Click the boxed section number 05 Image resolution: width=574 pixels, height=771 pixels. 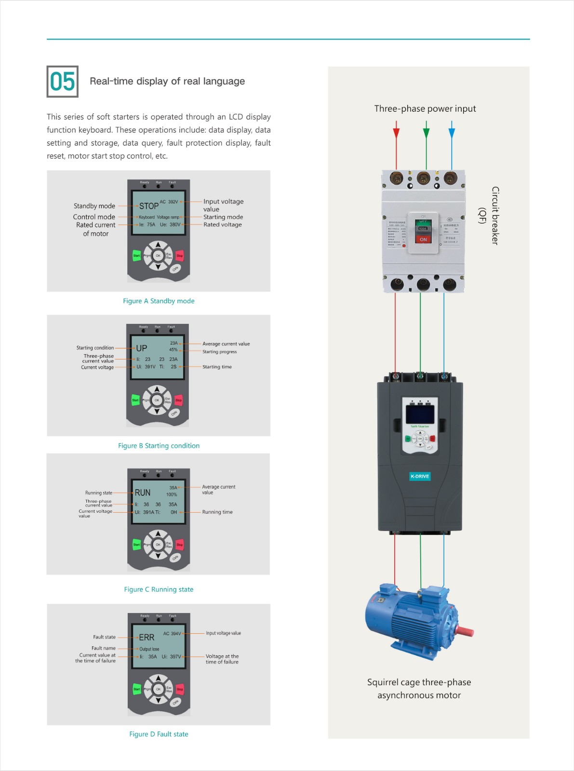[x=63, y=81]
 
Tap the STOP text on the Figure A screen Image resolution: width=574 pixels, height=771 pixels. [x=148, y=206]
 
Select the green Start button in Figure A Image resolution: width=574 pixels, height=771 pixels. [x=137, y=255]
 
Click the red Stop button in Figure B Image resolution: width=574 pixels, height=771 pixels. [x=179, y=400]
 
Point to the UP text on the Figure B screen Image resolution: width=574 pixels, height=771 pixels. [x=141, y=348]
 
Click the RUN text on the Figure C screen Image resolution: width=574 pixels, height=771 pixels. [x=143, y=493]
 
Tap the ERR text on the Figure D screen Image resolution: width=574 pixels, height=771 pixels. [x=147, y=638]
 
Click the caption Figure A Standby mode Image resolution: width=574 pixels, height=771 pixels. [x=159, y=301]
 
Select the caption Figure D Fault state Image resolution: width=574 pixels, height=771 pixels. [x=159, y=734]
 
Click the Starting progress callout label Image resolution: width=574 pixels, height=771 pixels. [x=219, y=352]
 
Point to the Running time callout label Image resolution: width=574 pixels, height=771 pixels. [x=217, y=512]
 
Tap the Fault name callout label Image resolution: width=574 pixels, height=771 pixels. [x=104, y=648]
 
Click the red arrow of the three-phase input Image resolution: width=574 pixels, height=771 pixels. [x=396, y=131]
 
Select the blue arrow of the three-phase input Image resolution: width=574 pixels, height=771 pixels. [x=452, y=131]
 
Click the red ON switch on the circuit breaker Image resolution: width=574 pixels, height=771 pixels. [x=423, y=239]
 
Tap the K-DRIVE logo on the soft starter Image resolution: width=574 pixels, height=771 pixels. [x=420, y=476]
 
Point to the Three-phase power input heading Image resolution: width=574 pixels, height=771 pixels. [x=425, y=109]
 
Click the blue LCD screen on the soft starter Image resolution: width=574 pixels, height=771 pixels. [x=420, y=414]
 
